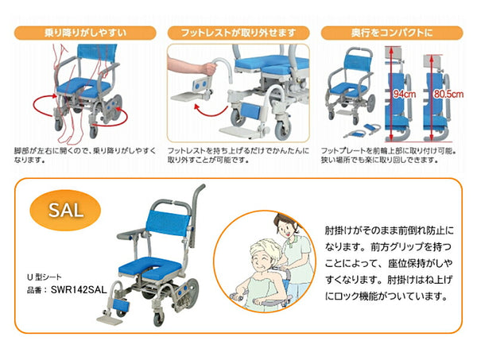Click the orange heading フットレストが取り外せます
(x=238, y=33)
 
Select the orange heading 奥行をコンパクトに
(x=392, y=33)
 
